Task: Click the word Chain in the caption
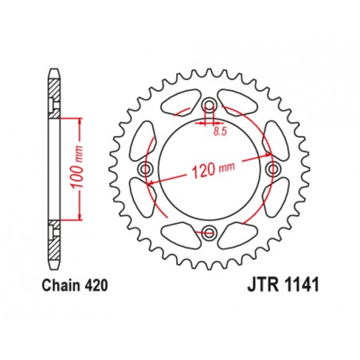tap(57, 284)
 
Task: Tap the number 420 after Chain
tap(94, 284)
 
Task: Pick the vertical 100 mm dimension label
tap(71, 169)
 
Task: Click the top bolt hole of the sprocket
tap(209, 106)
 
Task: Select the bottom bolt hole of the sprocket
tap(209, 233)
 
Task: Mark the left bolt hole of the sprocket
tap(146, 170)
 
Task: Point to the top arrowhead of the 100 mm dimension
tap(80, 119)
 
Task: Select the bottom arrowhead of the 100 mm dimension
tap(80, 219)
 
